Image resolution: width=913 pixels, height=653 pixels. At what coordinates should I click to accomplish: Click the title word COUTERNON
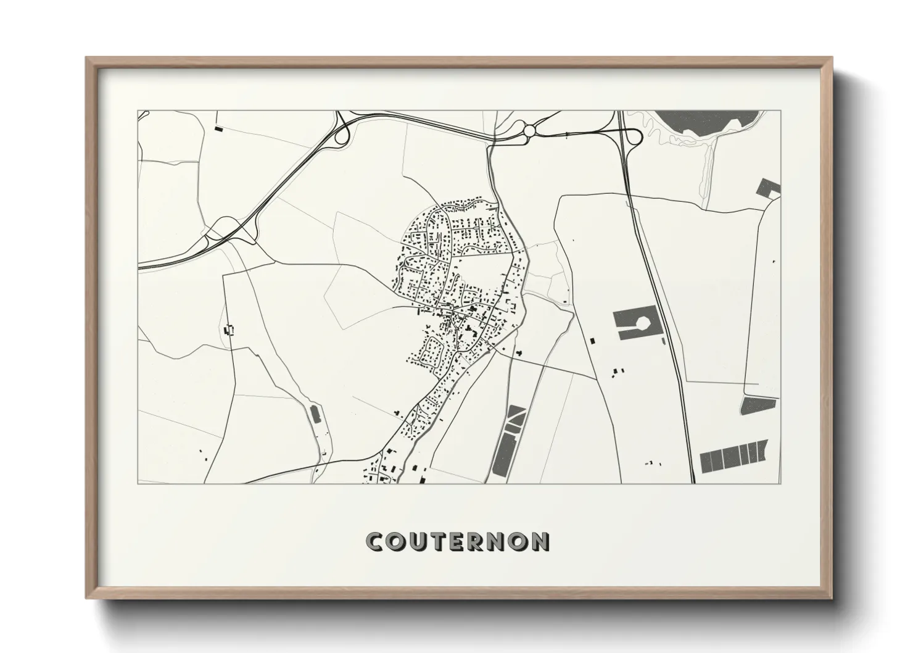457,541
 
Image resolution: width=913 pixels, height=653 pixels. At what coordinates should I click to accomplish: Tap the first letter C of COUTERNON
374,542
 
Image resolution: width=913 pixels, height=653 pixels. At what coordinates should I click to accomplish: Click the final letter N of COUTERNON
540,542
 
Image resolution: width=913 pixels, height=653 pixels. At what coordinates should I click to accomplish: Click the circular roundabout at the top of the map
529,130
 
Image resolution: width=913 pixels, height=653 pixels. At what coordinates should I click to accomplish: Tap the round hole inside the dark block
644,322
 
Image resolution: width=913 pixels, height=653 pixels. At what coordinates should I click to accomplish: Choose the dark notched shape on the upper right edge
770,188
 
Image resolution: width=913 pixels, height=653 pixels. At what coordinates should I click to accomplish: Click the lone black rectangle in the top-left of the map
218,129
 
